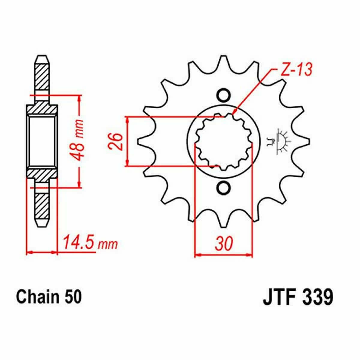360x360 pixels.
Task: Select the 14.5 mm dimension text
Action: tap(90, 243)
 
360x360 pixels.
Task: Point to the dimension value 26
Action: tap(116, 141)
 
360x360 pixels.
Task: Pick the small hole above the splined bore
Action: tap(223, 95)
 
